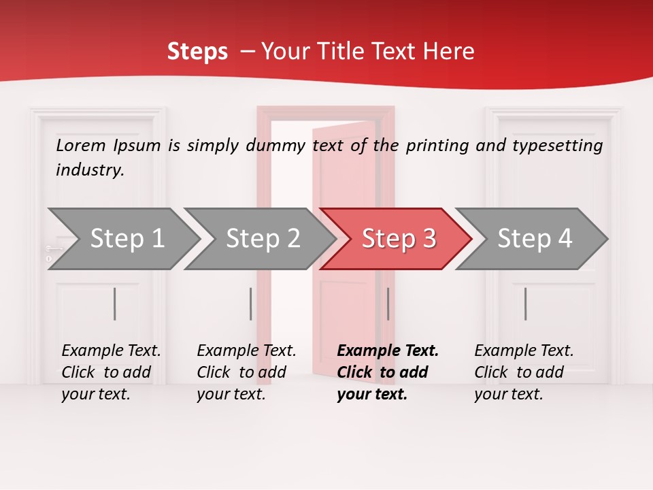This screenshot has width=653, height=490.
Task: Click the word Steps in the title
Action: [x=197, y=52]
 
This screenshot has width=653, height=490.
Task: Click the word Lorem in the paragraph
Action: [x=81, y=145]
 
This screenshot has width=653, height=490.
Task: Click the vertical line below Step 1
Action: [x=115, y=304]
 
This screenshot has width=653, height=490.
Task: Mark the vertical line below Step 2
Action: [x=251, y=304]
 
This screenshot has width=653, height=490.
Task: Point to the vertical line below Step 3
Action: [x=388, y=304]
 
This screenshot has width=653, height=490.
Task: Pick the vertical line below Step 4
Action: [x=525, y=304]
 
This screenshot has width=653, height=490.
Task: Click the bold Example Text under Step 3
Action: [x=388, y=350]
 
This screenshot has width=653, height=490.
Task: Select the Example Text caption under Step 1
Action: [x=111, y=350]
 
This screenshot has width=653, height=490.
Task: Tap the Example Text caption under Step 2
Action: [x=246, y=350]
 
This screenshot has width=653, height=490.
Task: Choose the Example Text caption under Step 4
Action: [x=524, y=350]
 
